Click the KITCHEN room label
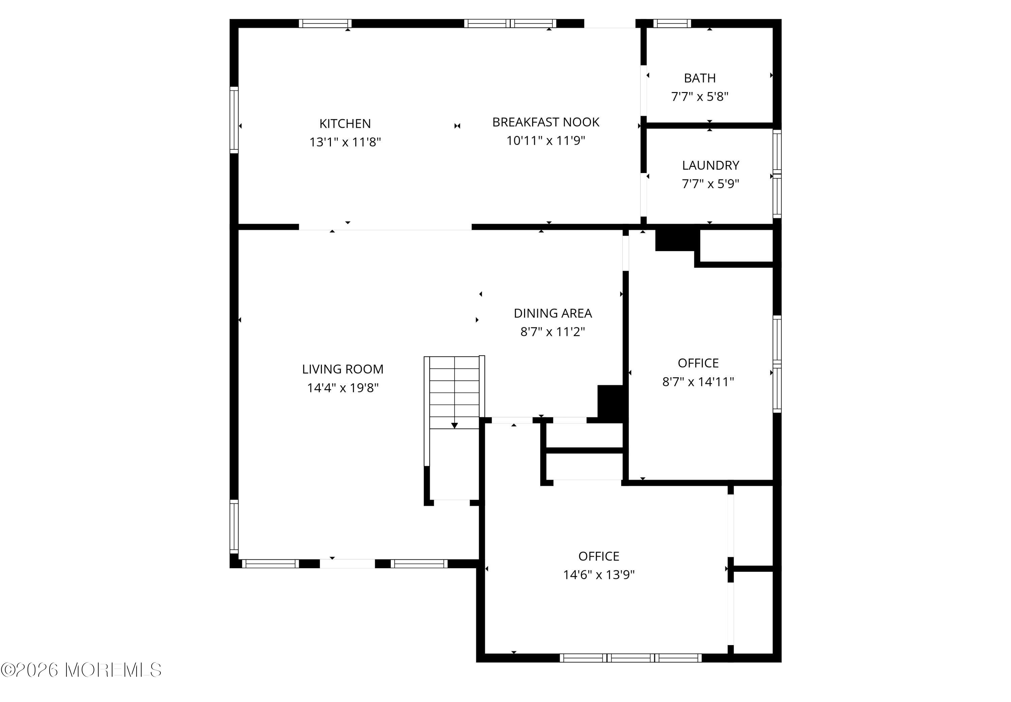click(345, 124)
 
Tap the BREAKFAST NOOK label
click(546, 122)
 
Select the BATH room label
click(700, 78)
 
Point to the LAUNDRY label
click(710, 165)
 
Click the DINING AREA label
click(553, 313)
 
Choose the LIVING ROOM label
click(342, 369)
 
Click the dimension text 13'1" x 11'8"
click(345, 142)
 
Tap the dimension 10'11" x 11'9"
click(546, 141)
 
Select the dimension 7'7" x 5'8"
click(700, 96)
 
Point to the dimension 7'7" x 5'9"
click(710, 183)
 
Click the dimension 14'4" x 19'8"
click(342, 387)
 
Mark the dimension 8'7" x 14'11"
click(698, 381)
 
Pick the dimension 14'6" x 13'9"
click(599, 575)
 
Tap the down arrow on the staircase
click(455, 425)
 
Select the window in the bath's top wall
click(672, 23)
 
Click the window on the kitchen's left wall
click(234, 120)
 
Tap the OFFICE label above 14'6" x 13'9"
click(599, 556)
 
